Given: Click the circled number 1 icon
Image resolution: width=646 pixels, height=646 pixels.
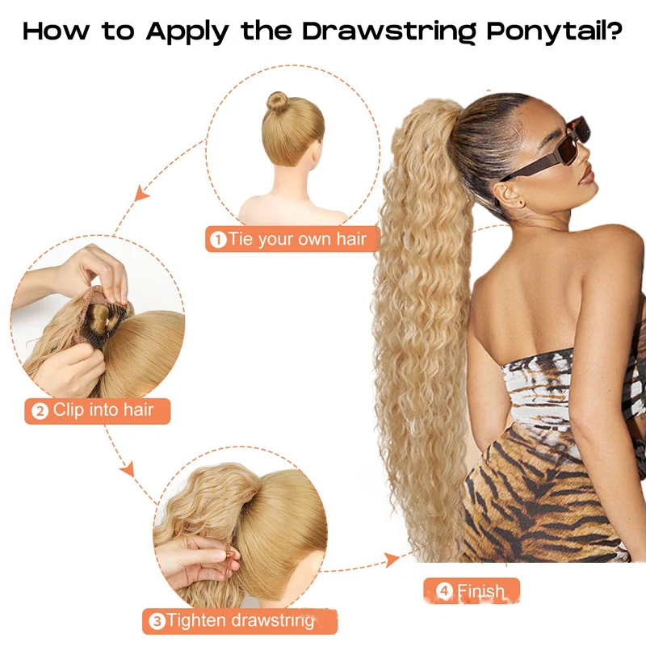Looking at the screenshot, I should point(218,240).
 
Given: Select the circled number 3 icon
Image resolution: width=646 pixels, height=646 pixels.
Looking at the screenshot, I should point(157,622).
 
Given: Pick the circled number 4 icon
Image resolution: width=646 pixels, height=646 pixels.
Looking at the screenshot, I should point(444,592).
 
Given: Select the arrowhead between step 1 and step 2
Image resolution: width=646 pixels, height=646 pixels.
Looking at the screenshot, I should point(142,193).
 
